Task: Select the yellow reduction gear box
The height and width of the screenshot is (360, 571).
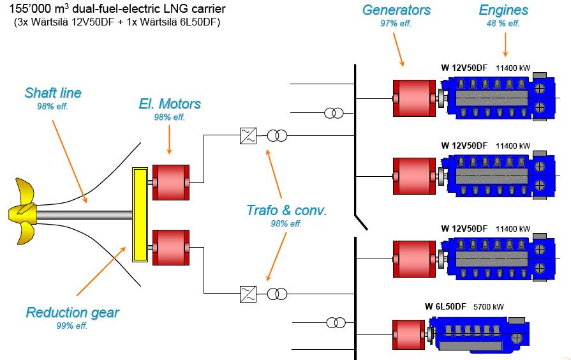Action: tap(140, 214)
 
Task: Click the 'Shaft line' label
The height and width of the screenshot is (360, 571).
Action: tap(53, 93)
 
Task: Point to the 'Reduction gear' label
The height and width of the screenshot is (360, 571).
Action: tap(72, 313)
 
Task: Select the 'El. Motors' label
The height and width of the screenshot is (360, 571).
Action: tap(170, 104)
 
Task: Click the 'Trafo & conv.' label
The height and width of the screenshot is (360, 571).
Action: tap(286, 211)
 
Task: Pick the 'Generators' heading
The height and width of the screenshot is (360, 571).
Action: tap(396, 10)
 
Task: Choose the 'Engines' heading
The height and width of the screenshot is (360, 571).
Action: tap(503, 10)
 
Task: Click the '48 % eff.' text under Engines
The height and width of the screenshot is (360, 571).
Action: tap(503, 23)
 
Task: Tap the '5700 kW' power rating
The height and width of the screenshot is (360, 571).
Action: tap(488, 306)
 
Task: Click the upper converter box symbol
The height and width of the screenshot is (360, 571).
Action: tap(248, 135)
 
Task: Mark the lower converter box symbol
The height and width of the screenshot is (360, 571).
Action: tap(248, 294)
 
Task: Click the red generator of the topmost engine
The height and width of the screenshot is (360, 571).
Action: tap(413, 98)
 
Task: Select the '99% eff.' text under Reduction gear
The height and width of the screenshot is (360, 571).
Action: tap(71, 326)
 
